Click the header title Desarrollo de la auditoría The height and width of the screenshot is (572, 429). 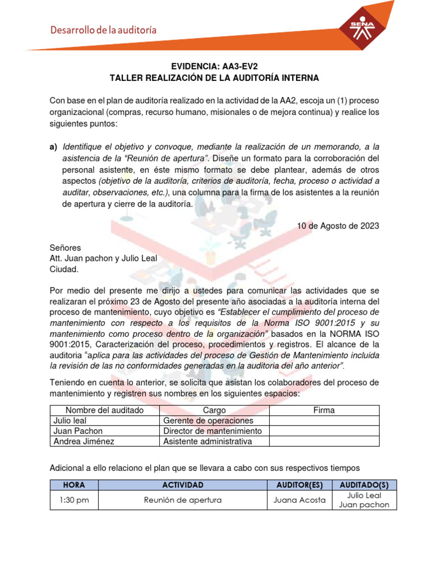[103, 30]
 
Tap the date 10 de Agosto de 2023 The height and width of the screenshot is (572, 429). [337, 226]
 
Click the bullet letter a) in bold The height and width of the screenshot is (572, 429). [54, 146]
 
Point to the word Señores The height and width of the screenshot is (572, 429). [65, 247]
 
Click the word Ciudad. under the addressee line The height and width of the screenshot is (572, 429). [65, 269]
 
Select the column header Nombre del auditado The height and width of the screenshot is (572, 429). [104, 410]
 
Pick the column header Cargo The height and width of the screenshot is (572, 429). [214, 410]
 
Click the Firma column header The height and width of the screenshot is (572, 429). [324, 410]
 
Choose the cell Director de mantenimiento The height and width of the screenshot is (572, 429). [212, 431]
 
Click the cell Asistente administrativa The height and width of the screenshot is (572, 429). [207, 442]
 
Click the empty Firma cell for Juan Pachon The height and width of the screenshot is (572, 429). [324, 431]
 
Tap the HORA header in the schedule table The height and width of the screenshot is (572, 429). [74, 485]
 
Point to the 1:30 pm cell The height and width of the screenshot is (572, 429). [74, 500]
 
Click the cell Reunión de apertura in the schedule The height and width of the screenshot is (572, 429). [183, 500]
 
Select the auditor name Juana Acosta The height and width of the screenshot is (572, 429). [299, 500]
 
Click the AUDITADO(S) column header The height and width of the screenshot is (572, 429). [364, 485]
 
